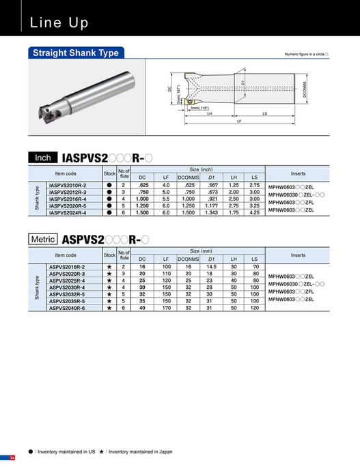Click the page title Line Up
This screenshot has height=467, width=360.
tap(59, 23)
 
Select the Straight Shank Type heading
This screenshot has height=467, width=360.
tap(77, 53)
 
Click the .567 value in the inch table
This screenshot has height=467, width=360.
tap(212, 185)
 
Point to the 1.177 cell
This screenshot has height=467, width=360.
tap(212, 206)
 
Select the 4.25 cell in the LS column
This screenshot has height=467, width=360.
tap(254, 212)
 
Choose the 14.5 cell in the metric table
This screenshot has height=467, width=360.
tap(212, 267)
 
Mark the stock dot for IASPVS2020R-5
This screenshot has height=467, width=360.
tap(109, 206)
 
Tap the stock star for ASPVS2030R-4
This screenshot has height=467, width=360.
tap(109, 287)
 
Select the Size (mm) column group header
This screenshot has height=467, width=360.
tap(197, 251)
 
